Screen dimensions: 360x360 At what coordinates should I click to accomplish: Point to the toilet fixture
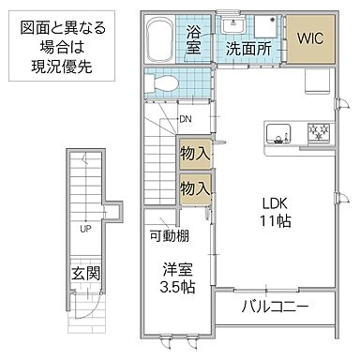(164, 84)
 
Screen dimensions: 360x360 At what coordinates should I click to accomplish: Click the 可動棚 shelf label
(169, 234)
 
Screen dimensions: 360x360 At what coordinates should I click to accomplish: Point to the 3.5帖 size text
(176, 286)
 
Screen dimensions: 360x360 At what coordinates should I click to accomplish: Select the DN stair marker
(186, 118)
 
